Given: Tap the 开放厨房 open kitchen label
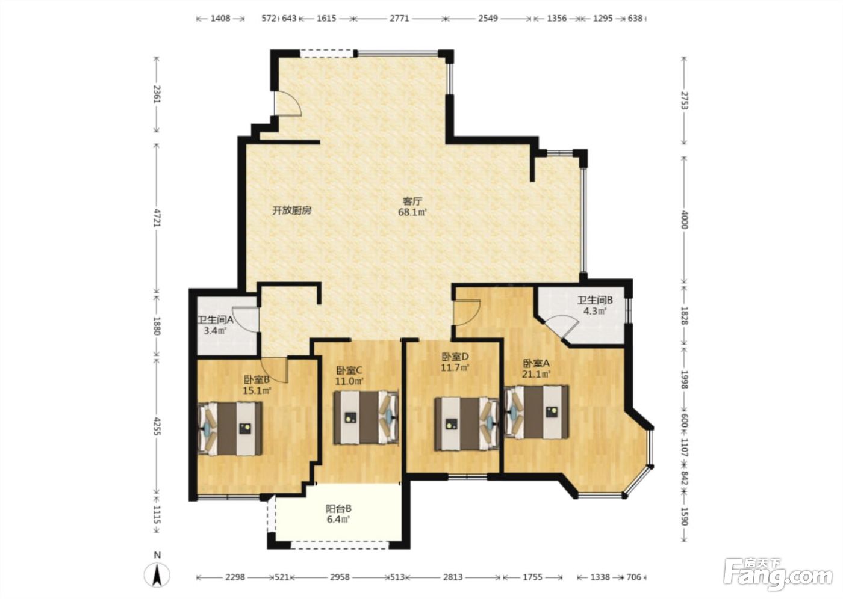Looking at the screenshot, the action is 292,210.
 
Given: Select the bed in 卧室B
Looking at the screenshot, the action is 230,429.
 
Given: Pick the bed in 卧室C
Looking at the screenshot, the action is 366,417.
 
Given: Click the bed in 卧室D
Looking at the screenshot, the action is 467,423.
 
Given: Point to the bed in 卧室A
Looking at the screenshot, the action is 537,411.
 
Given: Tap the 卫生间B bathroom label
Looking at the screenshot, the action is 595,300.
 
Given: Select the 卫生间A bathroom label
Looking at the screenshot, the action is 216,320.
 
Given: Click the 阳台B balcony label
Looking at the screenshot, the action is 338,508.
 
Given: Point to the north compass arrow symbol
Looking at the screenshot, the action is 157,575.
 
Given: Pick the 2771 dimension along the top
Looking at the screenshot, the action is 399,18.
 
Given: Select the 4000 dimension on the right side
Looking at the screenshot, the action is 684,220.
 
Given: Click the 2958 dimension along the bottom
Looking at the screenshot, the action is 340,577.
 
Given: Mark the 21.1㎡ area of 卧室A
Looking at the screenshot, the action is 537,374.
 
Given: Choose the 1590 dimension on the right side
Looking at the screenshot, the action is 684,517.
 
